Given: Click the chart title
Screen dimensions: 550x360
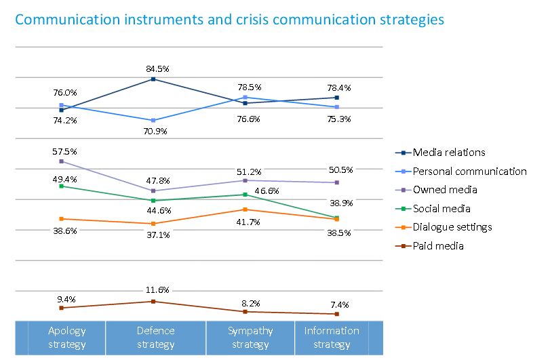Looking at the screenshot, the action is (x=229, y=20).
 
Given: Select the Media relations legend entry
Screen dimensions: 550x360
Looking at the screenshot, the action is (x=440, y=153).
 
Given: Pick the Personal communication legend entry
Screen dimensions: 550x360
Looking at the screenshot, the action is (x=461, y=172).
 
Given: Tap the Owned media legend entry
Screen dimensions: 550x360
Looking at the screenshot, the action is (x=436, y=190).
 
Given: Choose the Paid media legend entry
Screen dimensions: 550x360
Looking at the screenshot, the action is (x=429, y=246).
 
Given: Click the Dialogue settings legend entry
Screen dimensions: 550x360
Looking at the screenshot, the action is (x=444, y=227).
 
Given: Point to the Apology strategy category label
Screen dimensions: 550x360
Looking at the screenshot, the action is (x=67, y=338).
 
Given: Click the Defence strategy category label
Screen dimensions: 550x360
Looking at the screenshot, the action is (x=156, y=338).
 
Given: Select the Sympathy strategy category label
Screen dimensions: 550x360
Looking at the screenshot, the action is (x=250, y=338).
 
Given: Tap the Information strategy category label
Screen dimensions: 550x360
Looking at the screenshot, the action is (x=332, y=338).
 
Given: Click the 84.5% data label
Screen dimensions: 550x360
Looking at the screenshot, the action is (x=157, y=69).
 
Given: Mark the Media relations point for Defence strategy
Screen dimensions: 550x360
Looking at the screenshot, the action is (x=153, y=79).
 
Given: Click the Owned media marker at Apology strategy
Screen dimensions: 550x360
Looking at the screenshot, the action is (x=62, y=161).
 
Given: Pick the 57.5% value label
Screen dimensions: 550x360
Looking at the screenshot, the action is (x=64, y=152).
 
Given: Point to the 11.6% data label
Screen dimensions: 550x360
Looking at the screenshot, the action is (x=157, y=290).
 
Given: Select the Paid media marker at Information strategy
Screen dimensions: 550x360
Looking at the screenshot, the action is (x=337, y=314).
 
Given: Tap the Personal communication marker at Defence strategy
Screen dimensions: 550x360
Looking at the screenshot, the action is (x=153, y=121).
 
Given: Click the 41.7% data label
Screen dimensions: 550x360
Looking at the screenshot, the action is (x=248, y=222).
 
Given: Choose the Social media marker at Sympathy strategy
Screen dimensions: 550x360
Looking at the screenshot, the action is (x=245, y=195).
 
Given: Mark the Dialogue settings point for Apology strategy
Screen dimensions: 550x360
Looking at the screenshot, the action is (x=62, y=219).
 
